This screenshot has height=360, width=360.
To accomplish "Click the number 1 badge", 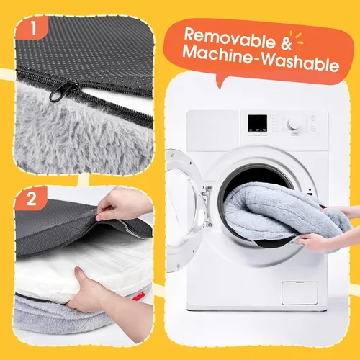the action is pyautogui.click(x=32, y=28).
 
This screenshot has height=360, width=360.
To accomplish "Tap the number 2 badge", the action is pyautogui.click(x=31, y=199).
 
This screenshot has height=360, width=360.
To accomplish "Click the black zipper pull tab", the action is pyautogui.click(x=63, y=91).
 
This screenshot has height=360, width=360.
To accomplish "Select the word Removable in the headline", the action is pyautogui.click(x=230, y=37).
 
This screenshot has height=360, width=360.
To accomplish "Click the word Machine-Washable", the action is pyautogui.click(x=261, y=58).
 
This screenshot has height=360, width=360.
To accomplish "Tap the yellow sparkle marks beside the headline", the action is pyautogui.click(x=297, y=37).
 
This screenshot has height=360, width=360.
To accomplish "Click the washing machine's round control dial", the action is pyautogui.click(x=294, y=124).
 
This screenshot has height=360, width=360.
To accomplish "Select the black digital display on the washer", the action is pyautogui.click(x=257, y=123).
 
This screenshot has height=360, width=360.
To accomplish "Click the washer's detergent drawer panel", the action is pyautogui.click(x=213, y=130).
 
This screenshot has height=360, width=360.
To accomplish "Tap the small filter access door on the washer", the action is pyautogui.click(x=300, y=293).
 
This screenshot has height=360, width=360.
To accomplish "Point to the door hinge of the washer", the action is pyautogui.click(x=207, y=207).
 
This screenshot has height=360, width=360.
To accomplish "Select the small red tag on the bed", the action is pyautogui.click(x=138, y=297).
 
